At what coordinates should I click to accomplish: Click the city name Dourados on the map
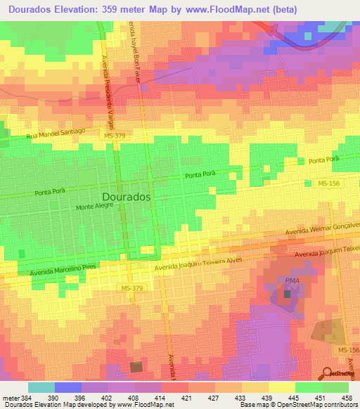(x=127, y=197)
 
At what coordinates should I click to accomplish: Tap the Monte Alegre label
(x=95, y=208)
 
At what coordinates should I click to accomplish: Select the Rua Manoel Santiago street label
(x=56, y=132)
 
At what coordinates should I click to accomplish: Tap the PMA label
(x=292, y=281)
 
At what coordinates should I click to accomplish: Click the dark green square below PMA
(x=288, y=293)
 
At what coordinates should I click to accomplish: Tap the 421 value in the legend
(x=187, y=398)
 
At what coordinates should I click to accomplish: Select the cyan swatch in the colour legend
(x=41, y=387)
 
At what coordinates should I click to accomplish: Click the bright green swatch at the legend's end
(x=335, y=387)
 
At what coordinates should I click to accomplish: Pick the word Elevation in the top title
(x=82, y=10)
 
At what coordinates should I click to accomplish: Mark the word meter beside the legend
(x=10, y=398)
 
